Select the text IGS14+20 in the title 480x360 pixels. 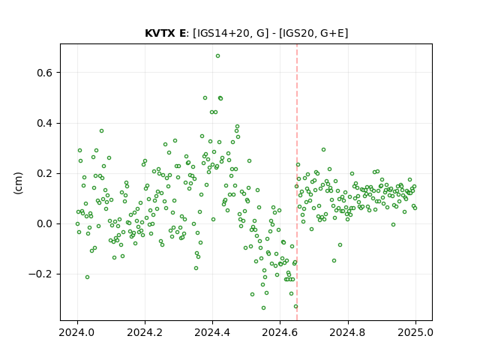[221, 33]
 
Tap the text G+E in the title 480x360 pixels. [332, 33]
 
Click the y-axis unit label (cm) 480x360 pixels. [18, 183]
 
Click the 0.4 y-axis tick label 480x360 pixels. [45, 123]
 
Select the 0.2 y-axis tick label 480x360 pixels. [45, 173]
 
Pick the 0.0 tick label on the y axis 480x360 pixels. [45, 223]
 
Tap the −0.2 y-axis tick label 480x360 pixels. [40, 274]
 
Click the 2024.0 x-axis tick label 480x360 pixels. [77, 332]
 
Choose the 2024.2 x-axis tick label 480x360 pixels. [145, 332]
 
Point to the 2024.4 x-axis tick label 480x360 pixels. [212, 332]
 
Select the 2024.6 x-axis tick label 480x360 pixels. [280, 332]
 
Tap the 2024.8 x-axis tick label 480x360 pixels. [348, 332]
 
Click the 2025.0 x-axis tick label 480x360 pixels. [415, 332]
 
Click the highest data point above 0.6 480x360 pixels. [217, 56]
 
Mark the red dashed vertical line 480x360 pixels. [297, 182]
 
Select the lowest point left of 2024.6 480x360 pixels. [263, 307]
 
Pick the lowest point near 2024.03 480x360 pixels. [87, 277]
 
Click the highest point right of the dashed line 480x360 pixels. [323, 150]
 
